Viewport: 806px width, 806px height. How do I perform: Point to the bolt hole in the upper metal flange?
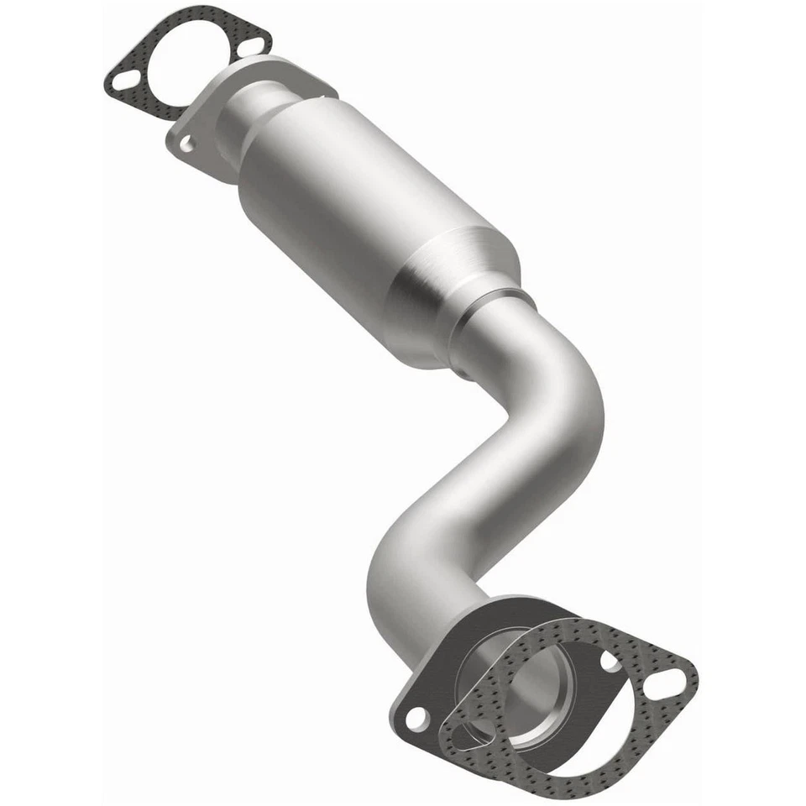(186, 144)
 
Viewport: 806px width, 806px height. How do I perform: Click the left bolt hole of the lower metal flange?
(415, 718)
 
